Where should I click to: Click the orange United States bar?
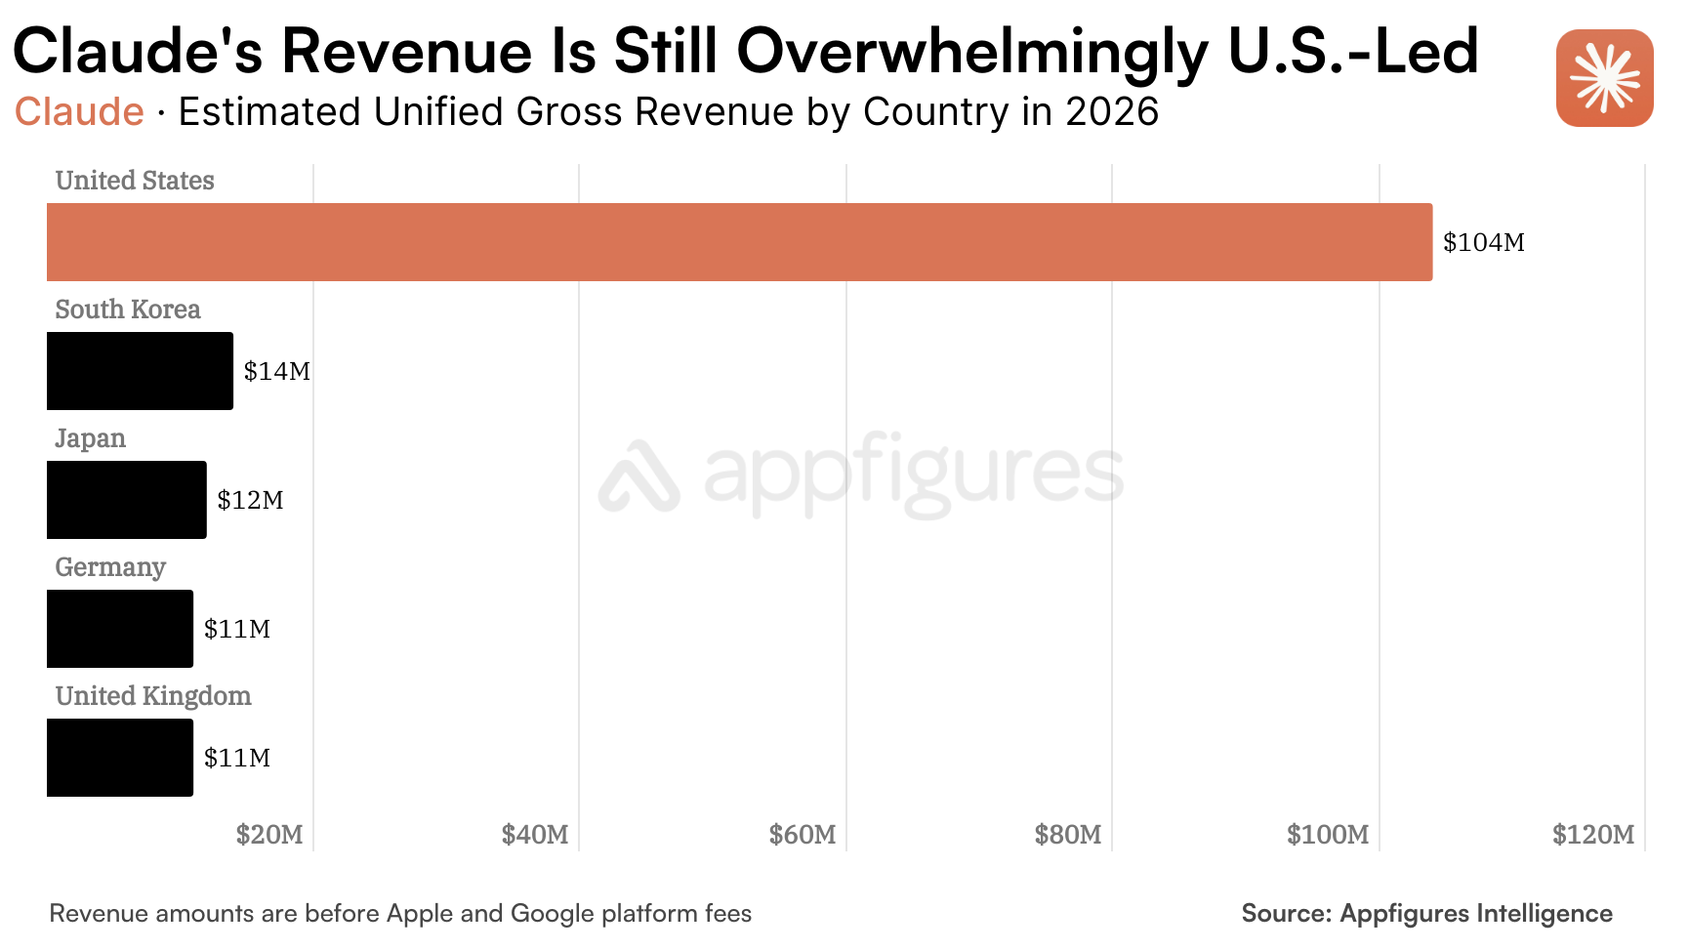(739, 242)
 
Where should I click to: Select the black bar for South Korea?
(140, 371)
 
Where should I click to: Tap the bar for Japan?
(127, 500)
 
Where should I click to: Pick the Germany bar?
(120, 629)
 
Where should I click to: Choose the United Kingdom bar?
(120, 758)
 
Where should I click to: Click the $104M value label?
(1484, 242)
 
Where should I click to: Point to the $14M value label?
(277, 371)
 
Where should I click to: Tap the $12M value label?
(250, 500)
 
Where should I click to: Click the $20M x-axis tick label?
(269, 835)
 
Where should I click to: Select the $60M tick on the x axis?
(803, 835)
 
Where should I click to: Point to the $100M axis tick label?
(1328, 835)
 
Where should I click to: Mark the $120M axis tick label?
(1593, 835)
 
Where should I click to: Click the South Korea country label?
(128, 310)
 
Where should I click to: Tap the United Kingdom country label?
(153, 696)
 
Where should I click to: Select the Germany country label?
(110, 567)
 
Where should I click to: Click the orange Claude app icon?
(1605, 78)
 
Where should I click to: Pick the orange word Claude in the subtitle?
(79, 111)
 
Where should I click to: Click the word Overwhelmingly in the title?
(972, 53)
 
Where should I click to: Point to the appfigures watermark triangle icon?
(639, 475)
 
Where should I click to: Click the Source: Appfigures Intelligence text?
(1426, 913)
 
